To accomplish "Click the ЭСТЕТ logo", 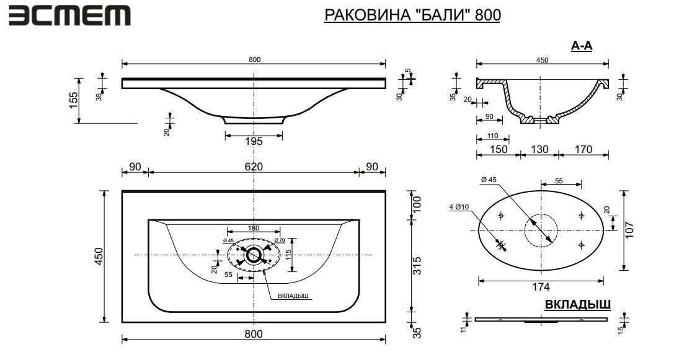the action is click(69, 16).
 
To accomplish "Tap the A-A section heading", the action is click(582, 46).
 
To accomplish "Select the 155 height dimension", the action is click(74, 100).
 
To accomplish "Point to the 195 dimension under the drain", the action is click(254, 141).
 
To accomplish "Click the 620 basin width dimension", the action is click(254, 166).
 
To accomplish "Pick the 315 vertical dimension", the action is click(417, 265).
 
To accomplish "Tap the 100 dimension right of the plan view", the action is click(417, 204).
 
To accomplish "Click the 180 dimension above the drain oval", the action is click(254, 228).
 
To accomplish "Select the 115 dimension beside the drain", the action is click(288, 257).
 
